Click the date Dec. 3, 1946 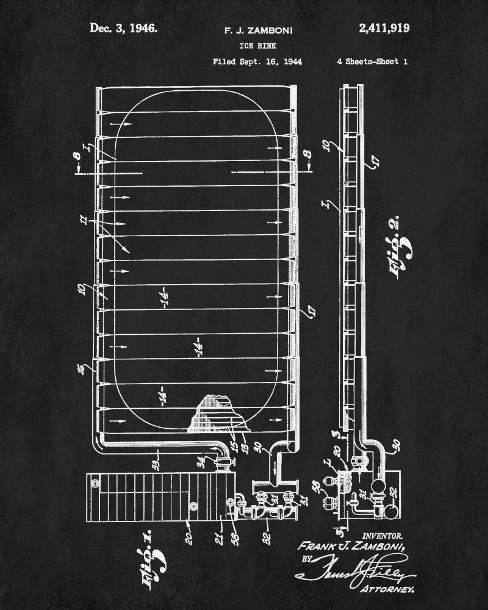(x=123, y=27)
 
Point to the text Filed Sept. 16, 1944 (x=257, y=62)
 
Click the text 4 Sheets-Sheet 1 (x=371, y=62)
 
